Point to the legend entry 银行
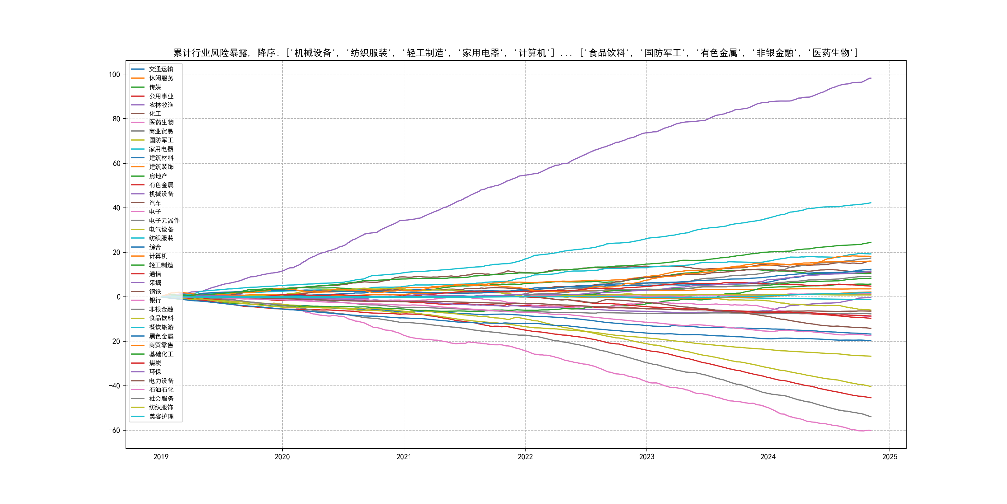click(155, 301)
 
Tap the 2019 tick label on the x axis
click(161, 457)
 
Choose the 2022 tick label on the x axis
click(525, 457)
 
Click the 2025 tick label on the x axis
click(890, 457)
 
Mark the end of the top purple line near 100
click(871, 78)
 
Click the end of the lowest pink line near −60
click(871, 431)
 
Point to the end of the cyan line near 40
click(871, 203)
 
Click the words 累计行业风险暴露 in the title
click(210, 53)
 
